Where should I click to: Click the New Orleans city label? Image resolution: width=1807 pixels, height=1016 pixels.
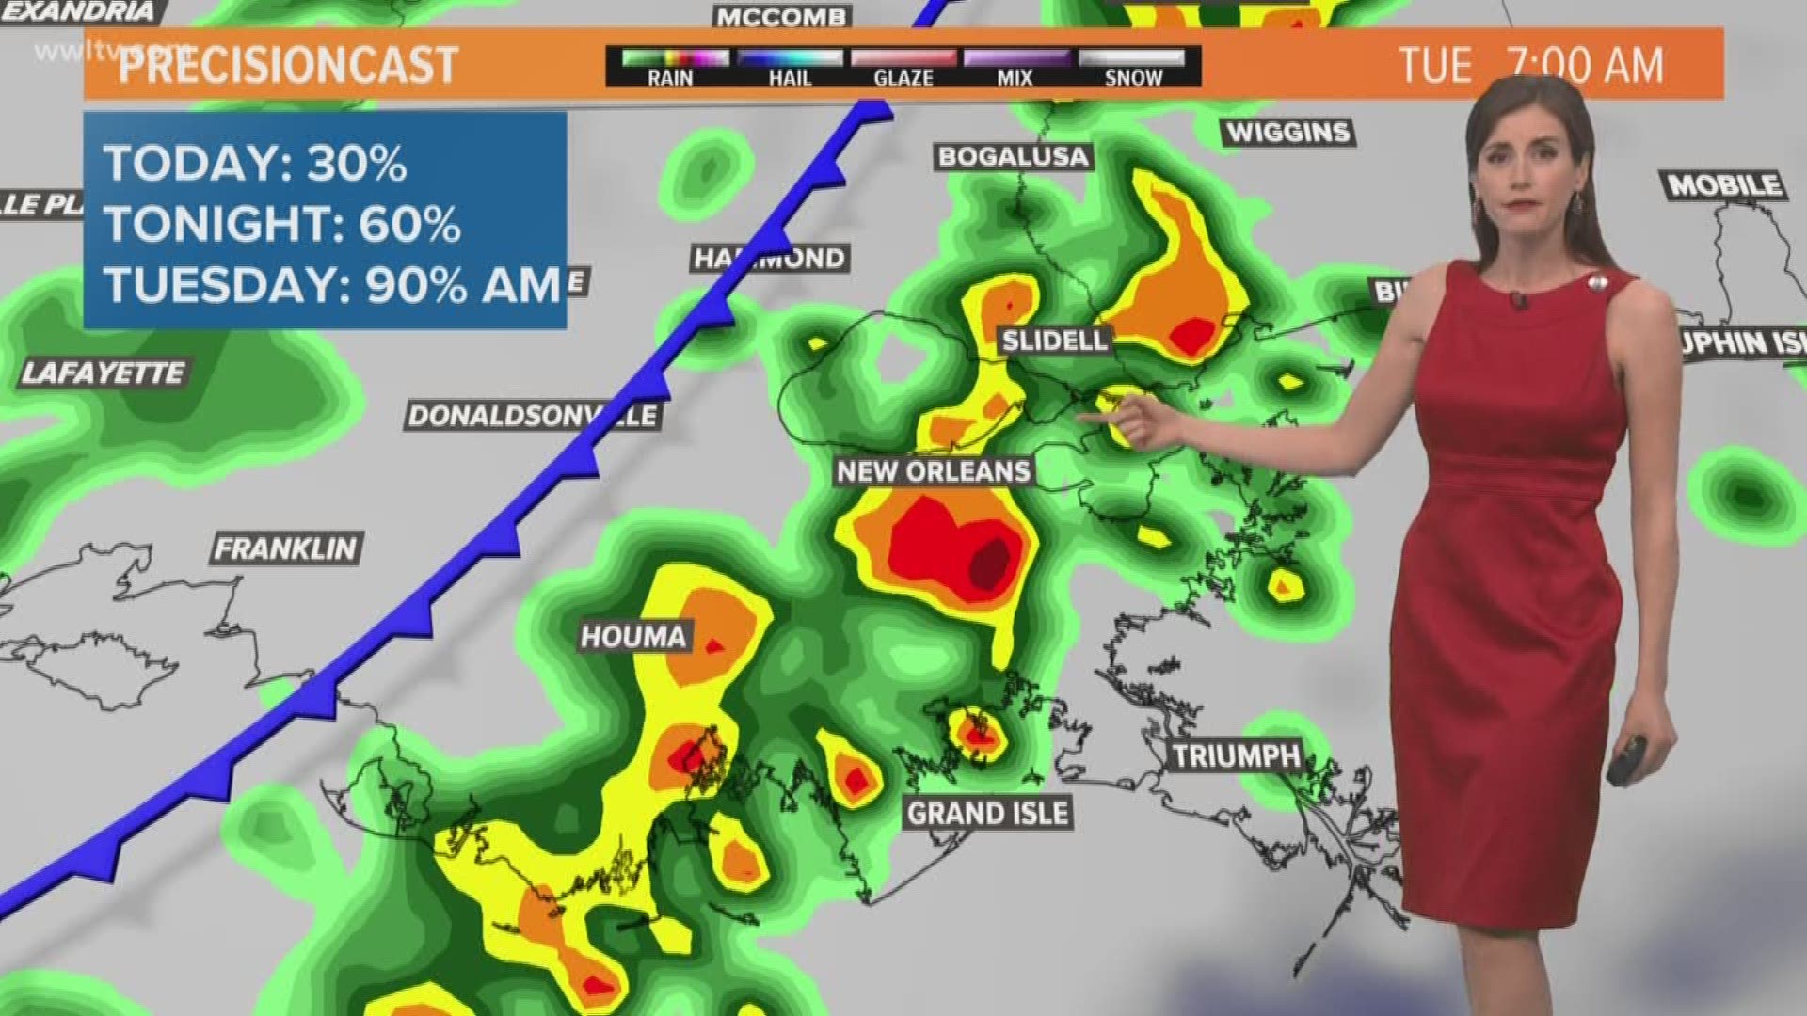point(934,470)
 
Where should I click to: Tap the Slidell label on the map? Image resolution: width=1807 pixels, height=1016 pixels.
point(1054,340)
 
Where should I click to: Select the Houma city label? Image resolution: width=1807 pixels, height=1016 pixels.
point(633,637)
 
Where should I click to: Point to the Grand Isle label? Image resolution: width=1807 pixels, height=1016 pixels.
point(987,813)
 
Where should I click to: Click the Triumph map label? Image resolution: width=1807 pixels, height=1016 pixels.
point(1237,755)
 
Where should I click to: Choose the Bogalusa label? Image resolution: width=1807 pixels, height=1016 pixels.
point(1013,156)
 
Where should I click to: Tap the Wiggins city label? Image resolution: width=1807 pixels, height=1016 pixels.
point(1288,132)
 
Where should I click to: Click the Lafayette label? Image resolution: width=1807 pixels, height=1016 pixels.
point(103,373)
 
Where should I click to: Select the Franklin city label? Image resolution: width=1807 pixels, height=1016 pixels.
point(286,548)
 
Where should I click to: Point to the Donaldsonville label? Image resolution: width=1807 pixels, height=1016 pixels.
point(532,416)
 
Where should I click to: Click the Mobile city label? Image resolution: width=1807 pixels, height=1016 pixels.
point(1724,185)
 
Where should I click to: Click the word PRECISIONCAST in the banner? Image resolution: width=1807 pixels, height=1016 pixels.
point(288,65)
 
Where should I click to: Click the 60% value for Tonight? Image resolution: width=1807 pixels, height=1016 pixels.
point(409,225)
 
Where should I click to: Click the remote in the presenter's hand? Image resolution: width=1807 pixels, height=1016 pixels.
point(1626,760)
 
